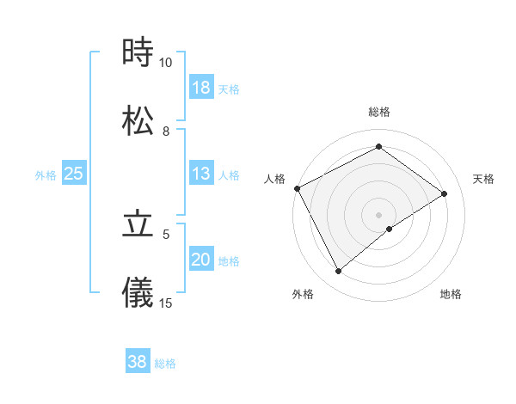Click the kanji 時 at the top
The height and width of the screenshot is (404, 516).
(138, 53)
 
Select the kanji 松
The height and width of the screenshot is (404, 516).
(138, 121)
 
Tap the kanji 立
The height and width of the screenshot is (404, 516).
(138, 224)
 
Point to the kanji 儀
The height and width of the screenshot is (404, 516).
(138, 292)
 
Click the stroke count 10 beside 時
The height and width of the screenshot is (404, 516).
(166, 63)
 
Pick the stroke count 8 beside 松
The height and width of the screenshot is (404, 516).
(166, 131)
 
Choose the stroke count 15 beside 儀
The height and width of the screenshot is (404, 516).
(166, 303)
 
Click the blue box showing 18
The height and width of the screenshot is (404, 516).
(201, 88)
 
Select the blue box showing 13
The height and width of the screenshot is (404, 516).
(201, 174)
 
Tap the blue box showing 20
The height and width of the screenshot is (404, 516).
(201, 260)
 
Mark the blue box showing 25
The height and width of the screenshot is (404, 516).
(74, 174)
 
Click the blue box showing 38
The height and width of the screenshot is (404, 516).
(138, 362)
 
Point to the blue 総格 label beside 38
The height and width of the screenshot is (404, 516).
(165, 364)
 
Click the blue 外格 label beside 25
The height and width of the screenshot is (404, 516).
(46, 175)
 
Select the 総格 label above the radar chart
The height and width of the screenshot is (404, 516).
(379, 112)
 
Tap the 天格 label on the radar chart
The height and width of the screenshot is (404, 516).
(484, 179)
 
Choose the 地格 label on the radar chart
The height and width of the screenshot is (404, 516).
(451, 294)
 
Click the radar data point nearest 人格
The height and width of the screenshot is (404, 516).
(297, 188)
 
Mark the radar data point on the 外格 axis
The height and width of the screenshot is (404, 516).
(339, 272)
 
